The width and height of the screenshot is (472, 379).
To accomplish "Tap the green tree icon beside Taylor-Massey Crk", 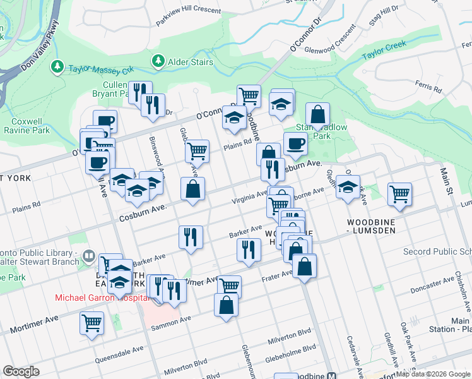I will pyautogui.click(x=57, y=66).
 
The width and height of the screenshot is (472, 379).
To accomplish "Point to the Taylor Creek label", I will pyautogui.click(x=384, y=51).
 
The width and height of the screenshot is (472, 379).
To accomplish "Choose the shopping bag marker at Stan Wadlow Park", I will pyautogui.click(x=318, y=115).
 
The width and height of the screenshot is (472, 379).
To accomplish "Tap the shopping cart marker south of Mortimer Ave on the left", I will pyautogui.click(x=91, y=323).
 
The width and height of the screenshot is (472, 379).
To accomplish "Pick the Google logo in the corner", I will pyautogui.click(x=21, y=371).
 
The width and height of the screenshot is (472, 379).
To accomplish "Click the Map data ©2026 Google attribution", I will pyautogui.click(x=433, y=374).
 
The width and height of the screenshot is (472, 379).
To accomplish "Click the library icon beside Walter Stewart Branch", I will pyautogui.click(x=89, y=256).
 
